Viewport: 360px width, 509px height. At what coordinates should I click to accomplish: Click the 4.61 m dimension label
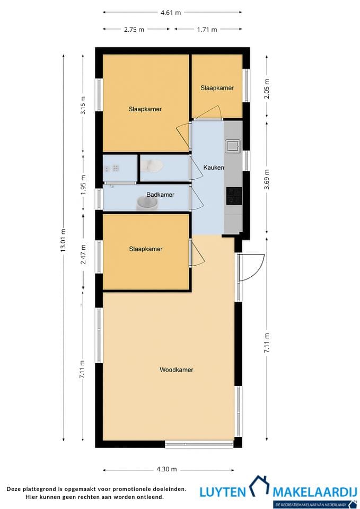tap(171, 13)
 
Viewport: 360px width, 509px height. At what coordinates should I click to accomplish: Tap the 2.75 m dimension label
tap(134, 30)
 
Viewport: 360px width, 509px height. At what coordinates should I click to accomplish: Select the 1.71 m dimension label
tap(207, 30)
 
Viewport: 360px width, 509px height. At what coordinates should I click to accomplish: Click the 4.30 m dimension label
tap(166, 469)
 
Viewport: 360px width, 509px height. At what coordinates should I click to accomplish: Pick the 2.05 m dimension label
tap(267, 89)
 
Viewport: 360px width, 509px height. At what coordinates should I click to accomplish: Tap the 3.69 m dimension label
tap(267, 180)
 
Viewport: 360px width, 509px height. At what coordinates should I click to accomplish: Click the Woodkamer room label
tap(176, 370)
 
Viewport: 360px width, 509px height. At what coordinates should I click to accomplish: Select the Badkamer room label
tap(160, 195)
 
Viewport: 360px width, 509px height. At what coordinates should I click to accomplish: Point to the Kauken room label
tap(214, 168)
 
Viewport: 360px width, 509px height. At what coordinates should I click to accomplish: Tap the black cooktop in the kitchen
tap(234, 196)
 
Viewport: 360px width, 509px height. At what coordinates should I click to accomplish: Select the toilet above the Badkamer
tap(154, 166)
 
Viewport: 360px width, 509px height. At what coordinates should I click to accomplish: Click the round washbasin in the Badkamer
tap(147, 203)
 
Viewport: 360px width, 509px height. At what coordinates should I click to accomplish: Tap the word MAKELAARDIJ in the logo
tap(315, 492)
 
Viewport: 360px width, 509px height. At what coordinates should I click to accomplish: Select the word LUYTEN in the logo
tap(223, 492)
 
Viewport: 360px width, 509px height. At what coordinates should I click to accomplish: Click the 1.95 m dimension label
tap(83, 185)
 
